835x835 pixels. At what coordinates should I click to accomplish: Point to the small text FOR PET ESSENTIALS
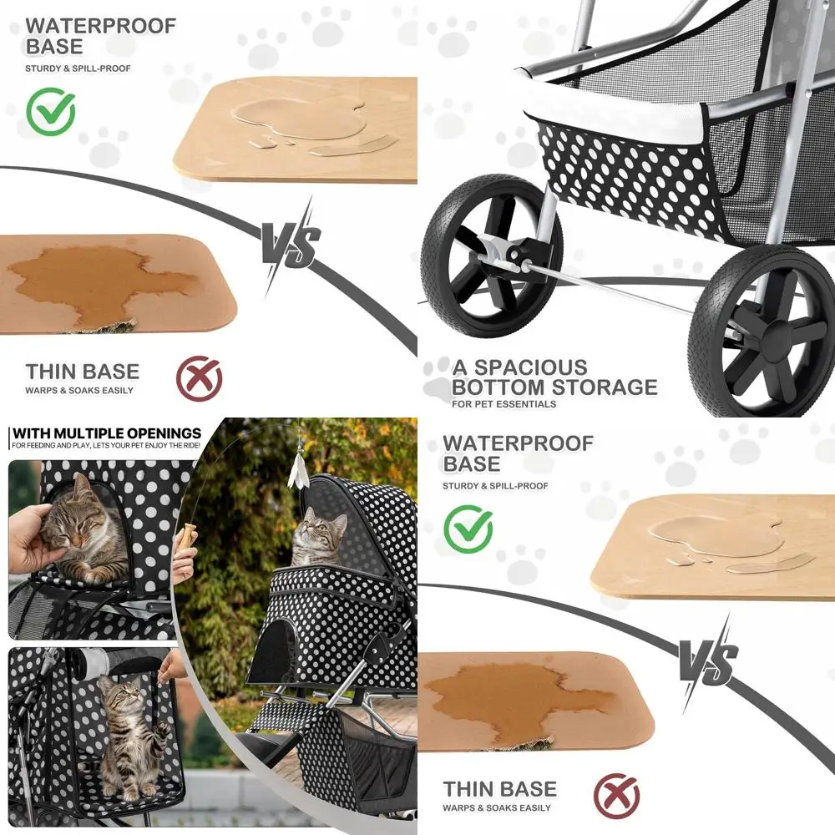504,405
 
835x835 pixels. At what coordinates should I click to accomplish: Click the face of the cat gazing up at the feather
312,527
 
